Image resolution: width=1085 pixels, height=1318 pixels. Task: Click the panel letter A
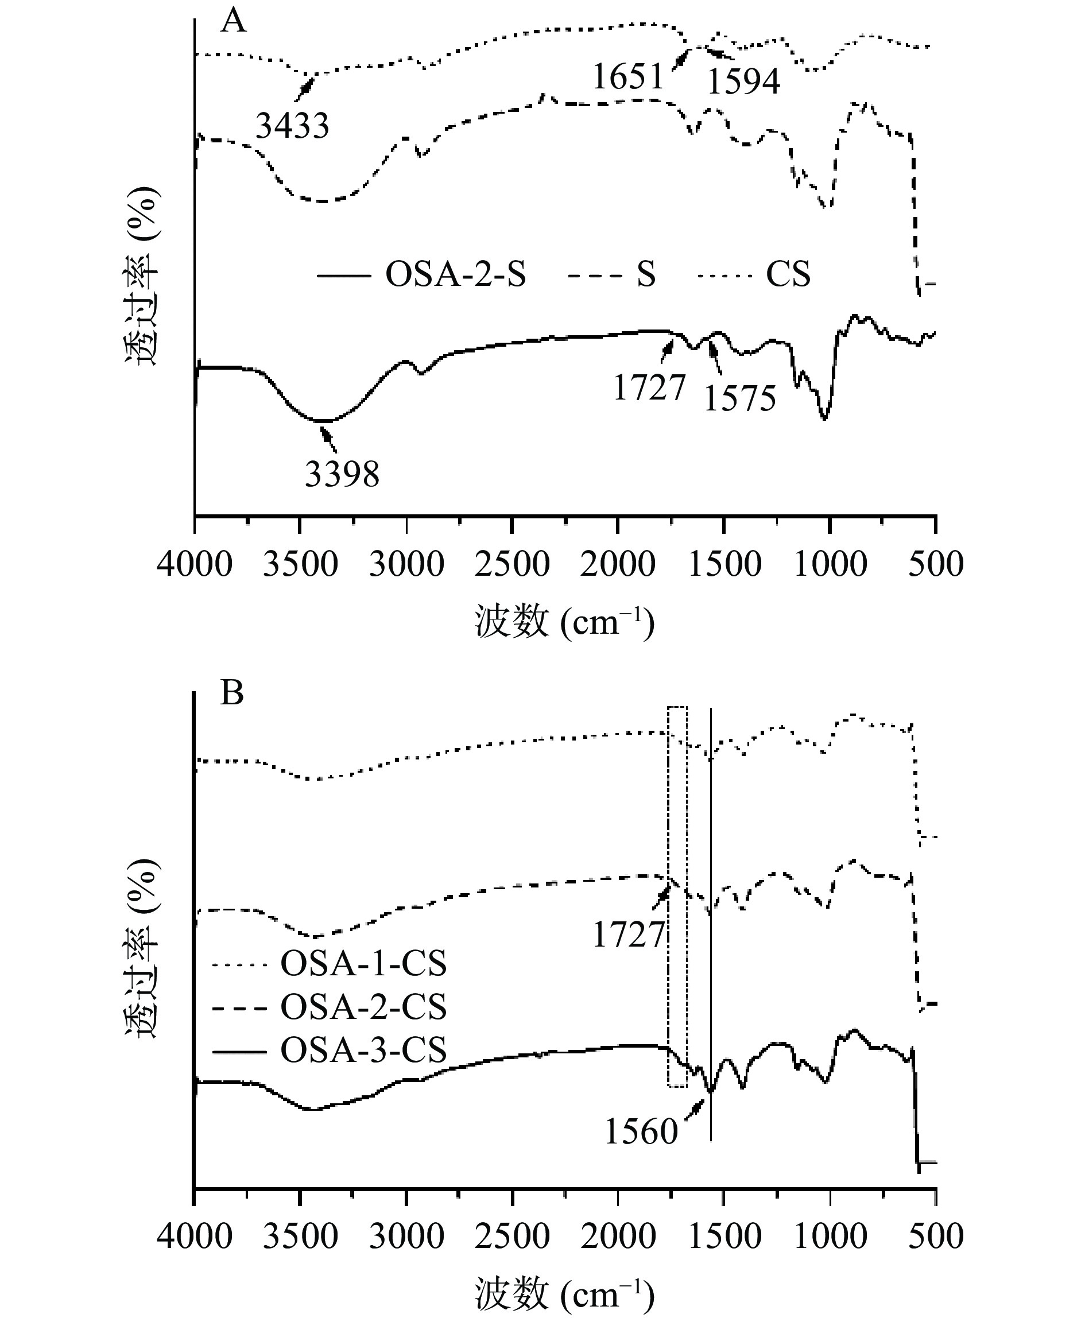tap(233, 22)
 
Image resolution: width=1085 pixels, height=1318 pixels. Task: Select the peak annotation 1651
tap(627, 78)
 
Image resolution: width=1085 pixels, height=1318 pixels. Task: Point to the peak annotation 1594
tap(744, 82)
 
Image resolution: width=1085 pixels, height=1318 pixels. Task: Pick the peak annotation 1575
tap(740, 399)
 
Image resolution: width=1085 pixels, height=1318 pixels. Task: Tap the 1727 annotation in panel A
tap(649, 387)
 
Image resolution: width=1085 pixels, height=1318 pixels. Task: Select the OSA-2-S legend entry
tap(456, 274)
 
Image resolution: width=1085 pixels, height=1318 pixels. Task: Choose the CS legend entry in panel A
tap(788, 274)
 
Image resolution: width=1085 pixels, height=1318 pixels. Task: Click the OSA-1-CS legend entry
tap(363, 964)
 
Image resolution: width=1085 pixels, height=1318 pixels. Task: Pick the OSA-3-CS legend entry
tap(363, 1050)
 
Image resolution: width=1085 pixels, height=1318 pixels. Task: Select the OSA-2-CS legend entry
tap(363, 1007)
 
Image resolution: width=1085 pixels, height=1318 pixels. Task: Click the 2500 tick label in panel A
tap(512, 564)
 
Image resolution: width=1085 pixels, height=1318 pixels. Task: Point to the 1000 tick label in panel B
tap(830, 1235)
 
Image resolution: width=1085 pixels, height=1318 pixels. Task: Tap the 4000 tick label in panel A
tap(195, 564)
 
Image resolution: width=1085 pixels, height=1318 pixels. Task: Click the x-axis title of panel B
tap(564, 1294)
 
